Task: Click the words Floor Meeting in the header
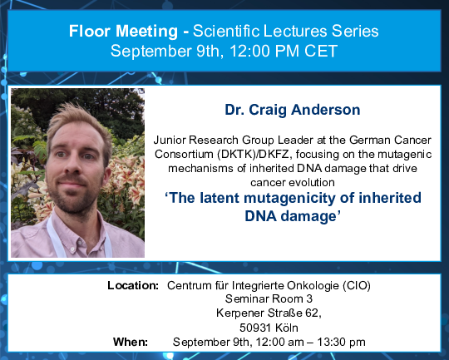click(x=123, y=32)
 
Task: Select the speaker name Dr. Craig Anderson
click(x=293, y=110)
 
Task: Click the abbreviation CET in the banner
click(x=321, y=51)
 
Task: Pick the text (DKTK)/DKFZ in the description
click(x=254, y=155)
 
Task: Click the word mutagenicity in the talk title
click(x=289, y=198)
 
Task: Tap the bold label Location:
click(x=133, y=285)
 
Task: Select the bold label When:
click(x=131, y=342)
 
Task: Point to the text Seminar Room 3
click(x=269, y=298)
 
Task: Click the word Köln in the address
click(x=287, y=328)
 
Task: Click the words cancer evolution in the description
click(x=293, y=182)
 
